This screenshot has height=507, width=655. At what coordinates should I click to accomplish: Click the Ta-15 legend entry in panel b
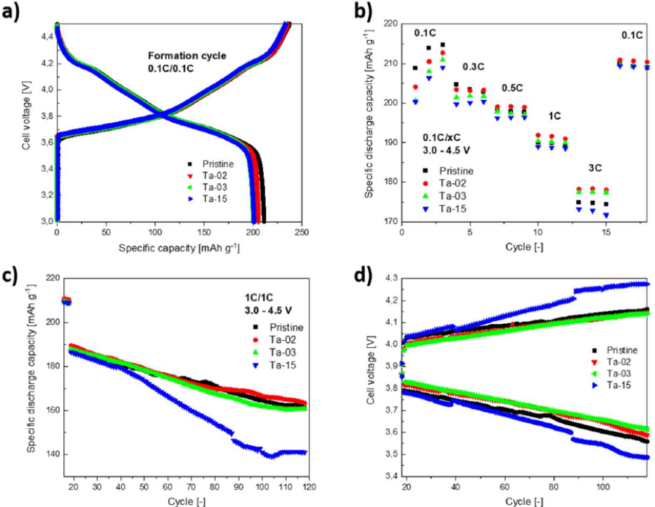tap(456, 208)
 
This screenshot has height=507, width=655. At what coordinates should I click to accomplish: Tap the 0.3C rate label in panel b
tap(473, 66)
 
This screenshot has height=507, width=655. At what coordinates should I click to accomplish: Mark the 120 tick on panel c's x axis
tap(308, 486)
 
